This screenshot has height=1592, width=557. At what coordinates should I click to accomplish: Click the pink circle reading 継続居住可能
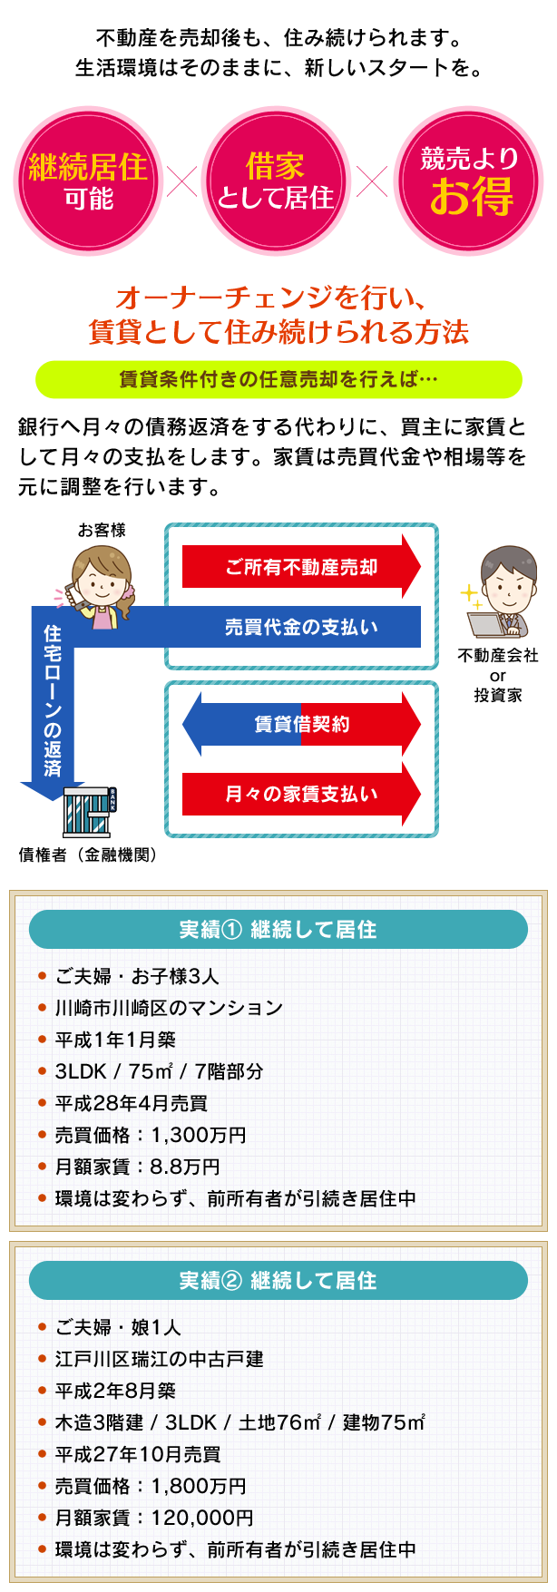click(x=88, y=181)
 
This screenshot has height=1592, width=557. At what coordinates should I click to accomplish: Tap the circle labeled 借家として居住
click(x=275, y=181)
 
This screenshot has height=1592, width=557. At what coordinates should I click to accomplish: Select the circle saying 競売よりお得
click(x=469, y=181)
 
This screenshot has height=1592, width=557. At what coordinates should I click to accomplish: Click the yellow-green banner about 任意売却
click(x=278, y=379)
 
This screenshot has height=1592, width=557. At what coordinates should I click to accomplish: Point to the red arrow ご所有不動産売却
click(x=301, y=567)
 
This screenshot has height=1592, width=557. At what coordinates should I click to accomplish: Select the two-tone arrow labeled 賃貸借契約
click(x=301, y=724)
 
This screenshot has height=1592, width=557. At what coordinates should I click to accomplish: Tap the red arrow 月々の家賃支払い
click(x=301, y=794)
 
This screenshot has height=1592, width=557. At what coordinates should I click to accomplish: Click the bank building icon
click(x=89, y=811)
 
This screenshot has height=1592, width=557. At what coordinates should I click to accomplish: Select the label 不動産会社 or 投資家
click(x=498, y=675)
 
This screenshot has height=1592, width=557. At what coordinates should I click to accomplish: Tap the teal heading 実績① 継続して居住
click(x=278, y=930)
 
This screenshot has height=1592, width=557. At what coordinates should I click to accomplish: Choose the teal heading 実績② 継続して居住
click(x=278, y=1280)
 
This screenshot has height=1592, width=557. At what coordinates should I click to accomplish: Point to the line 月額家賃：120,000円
click(x=154, y=1518)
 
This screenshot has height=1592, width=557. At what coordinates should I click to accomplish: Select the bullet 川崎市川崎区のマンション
click(x=169, y=1008)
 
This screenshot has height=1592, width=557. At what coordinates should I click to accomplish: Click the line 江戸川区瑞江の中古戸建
click(x=159, y=1359)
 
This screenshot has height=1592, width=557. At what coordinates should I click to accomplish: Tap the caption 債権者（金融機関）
click(x=88, y=855)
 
